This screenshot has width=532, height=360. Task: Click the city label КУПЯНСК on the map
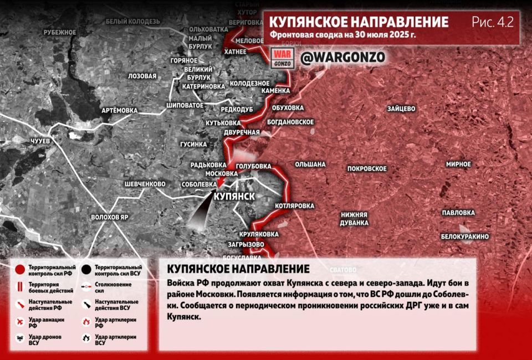click(233, 197)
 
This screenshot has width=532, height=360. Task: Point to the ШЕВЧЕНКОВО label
click(145, 184)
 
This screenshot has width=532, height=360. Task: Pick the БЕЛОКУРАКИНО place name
click(464, 236)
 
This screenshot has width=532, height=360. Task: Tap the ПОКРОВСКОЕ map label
click(367, 168)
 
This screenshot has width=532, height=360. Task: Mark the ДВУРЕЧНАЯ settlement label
click(242, 132)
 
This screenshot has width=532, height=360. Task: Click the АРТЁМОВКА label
click(119, 110)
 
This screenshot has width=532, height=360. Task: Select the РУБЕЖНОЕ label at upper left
click(59, 32)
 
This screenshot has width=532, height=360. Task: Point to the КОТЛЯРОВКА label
click(294, 205)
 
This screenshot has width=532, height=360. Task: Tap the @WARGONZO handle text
click(342, 57)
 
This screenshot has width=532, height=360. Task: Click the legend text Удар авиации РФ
click(46, 322)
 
